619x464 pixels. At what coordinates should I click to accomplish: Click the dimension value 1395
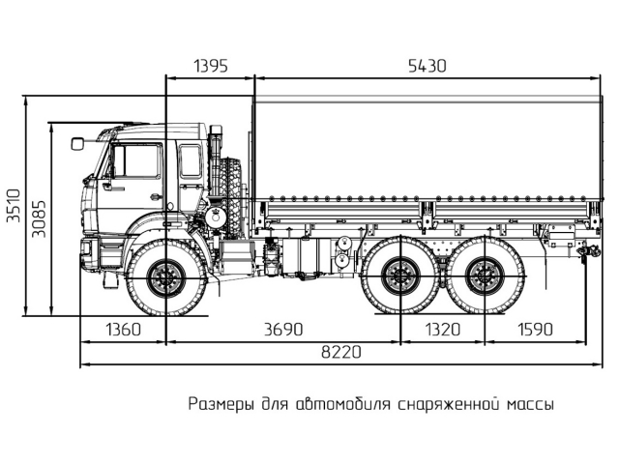211,66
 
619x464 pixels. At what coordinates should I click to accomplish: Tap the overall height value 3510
13,205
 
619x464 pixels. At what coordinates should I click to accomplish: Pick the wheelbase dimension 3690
282,330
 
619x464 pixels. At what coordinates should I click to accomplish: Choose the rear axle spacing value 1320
440,330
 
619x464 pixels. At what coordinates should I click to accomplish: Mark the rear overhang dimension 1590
535,330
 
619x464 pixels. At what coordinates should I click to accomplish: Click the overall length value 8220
333,353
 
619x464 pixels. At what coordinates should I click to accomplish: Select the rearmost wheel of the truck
482,278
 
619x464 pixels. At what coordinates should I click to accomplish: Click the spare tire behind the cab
232,188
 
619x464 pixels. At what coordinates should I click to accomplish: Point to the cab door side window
138,160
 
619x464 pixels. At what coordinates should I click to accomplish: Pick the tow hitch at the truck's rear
583,252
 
